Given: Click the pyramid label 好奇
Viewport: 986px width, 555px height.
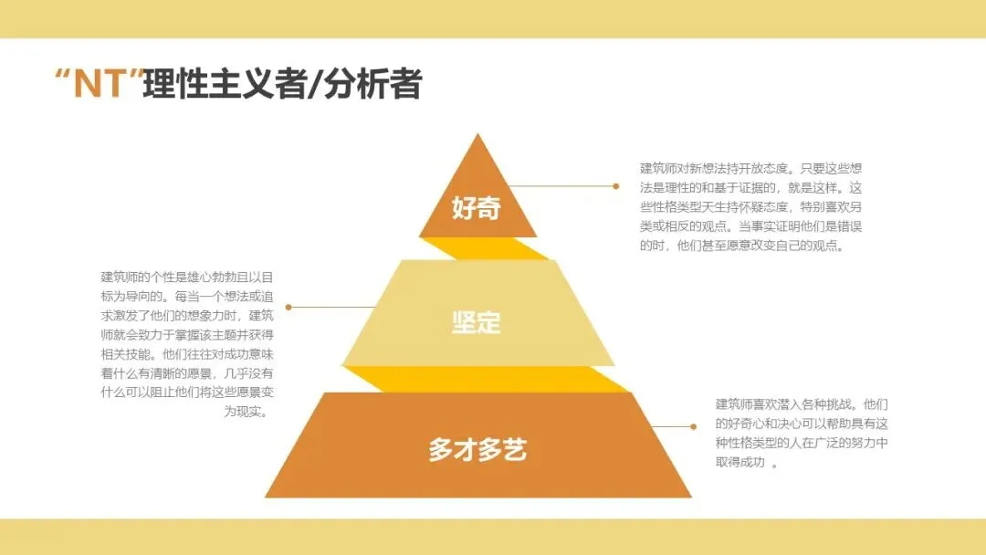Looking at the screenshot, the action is click(x=477, y=207).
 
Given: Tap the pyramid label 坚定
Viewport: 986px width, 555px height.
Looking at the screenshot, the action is click(x=477, y=322).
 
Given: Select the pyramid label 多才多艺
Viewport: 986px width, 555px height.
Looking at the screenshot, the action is click(x=477, y=449).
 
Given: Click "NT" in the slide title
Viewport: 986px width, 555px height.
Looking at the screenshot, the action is click(x=100, y=85).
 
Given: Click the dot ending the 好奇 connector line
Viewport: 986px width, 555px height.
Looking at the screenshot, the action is click(x=616, y=186).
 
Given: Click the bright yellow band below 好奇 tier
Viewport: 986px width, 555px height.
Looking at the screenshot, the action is click(x=484, y=248).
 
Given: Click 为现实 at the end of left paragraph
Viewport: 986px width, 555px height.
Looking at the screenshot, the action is click(x=246, y=412).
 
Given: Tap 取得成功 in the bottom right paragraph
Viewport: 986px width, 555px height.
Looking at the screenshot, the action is click(x=740, y=462).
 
